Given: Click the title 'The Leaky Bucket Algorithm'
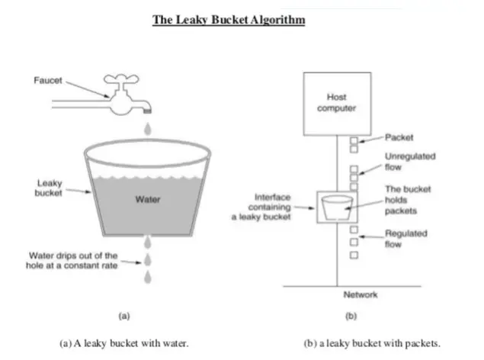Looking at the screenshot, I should [229, 20].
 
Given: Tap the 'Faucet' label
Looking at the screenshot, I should [47, 79].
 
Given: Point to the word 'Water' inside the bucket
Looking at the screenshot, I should [147, 200].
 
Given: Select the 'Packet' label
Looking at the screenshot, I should [399, 138].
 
